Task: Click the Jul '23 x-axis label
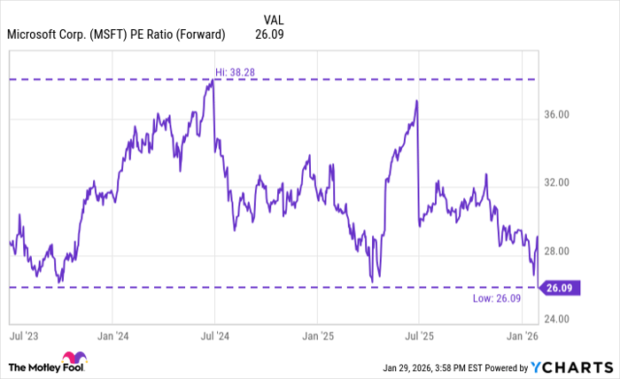click(x=23, y=336)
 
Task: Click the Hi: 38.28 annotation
click(x=235, y=71)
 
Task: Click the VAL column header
click(x=275, y=19)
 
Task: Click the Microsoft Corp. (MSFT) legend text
click(x=116, y=35)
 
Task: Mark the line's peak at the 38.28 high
click(x=213, y=81)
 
